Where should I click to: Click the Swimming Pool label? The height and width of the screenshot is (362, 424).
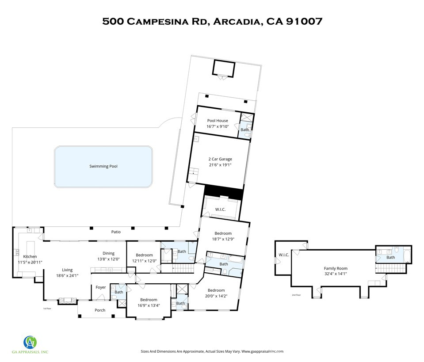103,167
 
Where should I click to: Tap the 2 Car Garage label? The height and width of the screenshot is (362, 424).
220,159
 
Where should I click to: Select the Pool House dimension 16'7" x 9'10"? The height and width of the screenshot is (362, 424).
218,126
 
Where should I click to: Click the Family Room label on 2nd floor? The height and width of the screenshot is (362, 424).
336,268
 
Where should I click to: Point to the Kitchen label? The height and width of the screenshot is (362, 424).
30,256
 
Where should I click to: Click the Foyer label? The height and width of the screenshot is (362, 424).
101,287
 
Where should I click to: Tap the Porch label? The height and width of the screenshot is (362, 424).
100,310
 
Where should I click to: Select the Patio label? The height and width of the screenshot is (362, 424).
115,232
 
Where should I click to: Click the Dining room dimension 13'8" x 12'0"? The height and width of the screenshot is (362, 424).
108,259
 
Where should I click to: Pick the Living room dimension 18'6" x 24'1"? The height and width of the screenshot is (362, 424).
67,276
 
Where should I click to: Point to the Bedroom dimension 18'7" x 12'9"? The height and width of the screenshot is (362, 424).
223,239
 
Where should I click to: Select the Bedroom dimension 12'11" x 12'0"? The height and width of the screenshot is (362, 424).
144,261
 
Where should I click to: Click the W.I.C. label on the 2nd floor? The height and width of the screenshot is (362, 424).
283,255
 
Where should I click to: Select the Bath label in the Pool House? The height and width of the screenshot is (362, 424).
244,130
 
